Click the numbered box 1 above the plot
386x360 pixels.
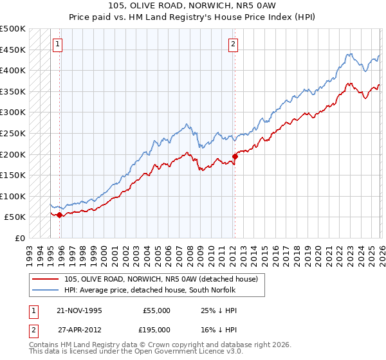coord(58,44)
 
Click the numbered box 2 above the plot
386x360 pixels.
coord(233,44)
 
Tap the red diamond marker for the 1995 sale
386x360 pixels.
coord(59,215)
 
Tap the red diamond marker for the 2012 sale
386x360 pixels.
coord(235,156)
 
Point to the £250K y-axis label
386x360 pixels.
coord(13,133)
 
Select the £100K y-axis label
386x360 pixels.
coord(13,196)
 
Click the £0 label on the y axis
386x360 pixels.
coord(19,238)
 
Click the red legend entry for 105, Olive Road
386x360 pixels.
coord(161,279)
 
